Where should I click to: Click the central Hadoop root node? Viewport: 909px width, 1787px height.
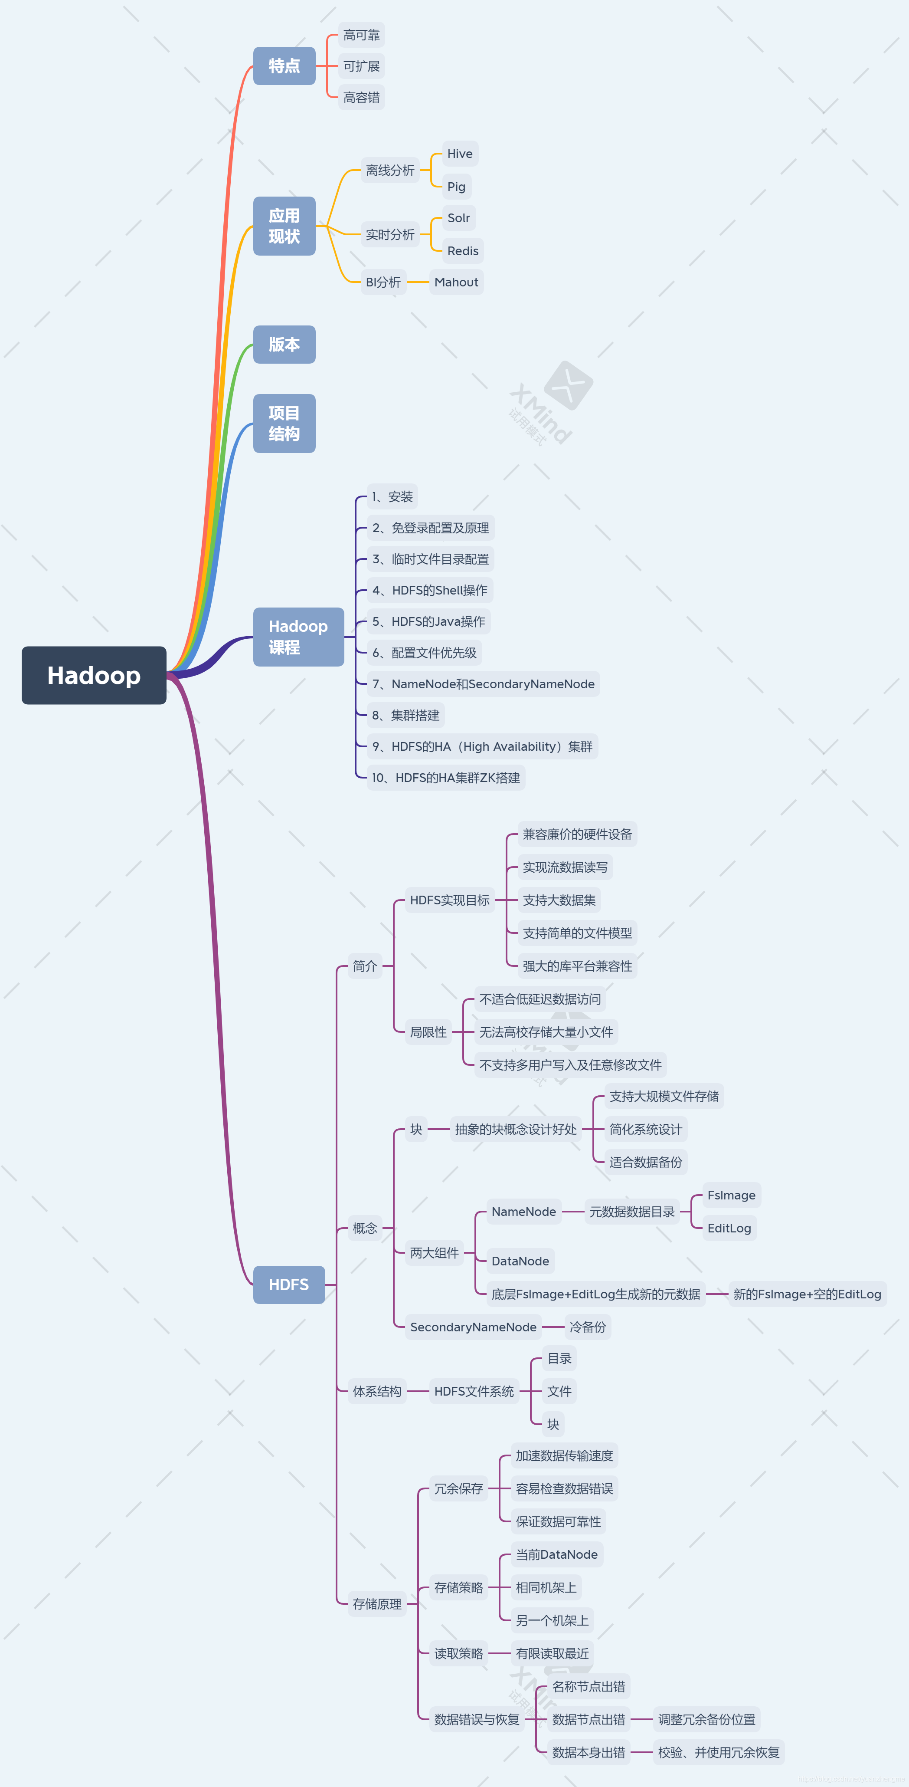94,675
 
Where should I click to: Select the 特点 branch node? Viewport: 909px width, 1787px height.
284,66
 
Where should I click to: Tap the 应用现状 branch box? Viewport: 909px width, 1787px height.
284,226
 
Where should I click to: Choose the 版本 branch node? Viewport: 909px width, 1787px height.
284,344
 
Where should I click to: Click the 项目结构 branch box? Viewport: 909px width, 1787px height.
284,423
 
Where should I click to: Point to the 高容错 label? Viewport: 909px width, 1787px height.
361,98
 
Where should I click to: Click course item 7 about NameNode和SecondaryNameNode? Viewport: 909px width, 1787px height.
483,684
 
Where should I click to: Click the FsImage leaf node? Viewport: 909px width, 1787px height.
731,1195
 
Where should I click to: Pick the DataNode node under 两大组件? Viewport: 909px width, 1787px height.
520,1261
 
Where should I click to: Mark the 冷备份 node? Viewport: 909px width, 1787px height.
587,1327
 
